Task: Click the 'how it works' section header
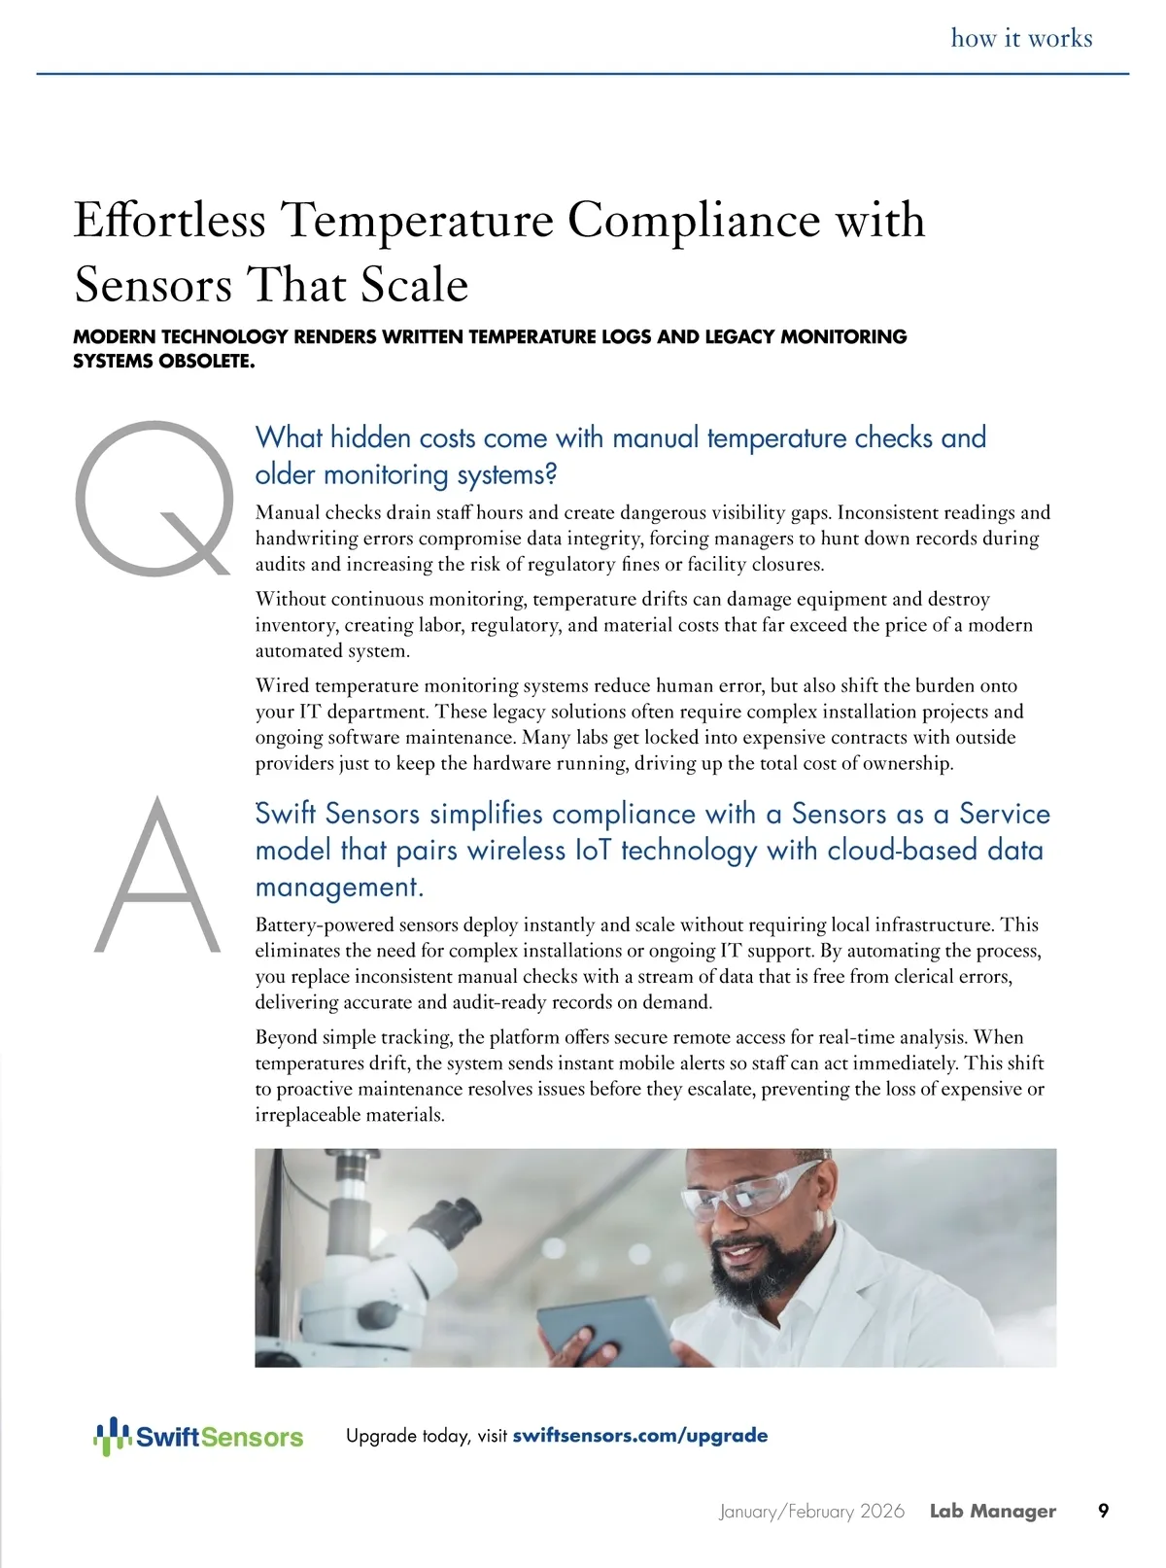point(1021,39)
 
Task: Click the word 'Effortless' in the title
point(169,220)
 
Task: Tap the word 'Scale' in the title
point(415,285)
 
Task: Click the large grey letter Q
point(155,498)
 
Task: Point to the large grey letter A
point(158,875)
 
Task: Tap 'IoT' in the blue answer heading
point(592,851)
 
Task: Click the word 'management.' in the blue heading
point(339,888)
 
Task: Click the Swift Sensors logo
point(198,1436)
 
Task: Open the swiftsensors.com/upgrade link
point(639,1436)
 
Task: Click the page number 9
point(1103,1511)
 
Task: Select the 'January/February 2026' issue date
point(811,1512)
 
